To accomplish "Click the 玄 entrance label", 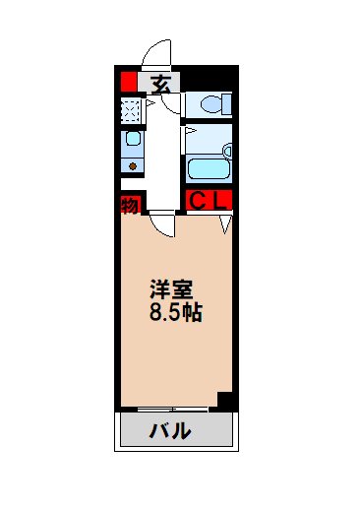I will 163,83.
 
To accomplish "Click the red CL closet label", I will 209,202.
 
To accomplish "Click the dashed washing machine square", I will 131,108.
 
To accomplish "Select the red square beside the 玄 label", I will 129,83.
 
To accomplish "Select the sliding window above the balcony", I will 167,408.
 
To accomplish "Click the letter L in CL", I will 222,202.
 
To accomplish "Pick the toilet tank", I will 223,102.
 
